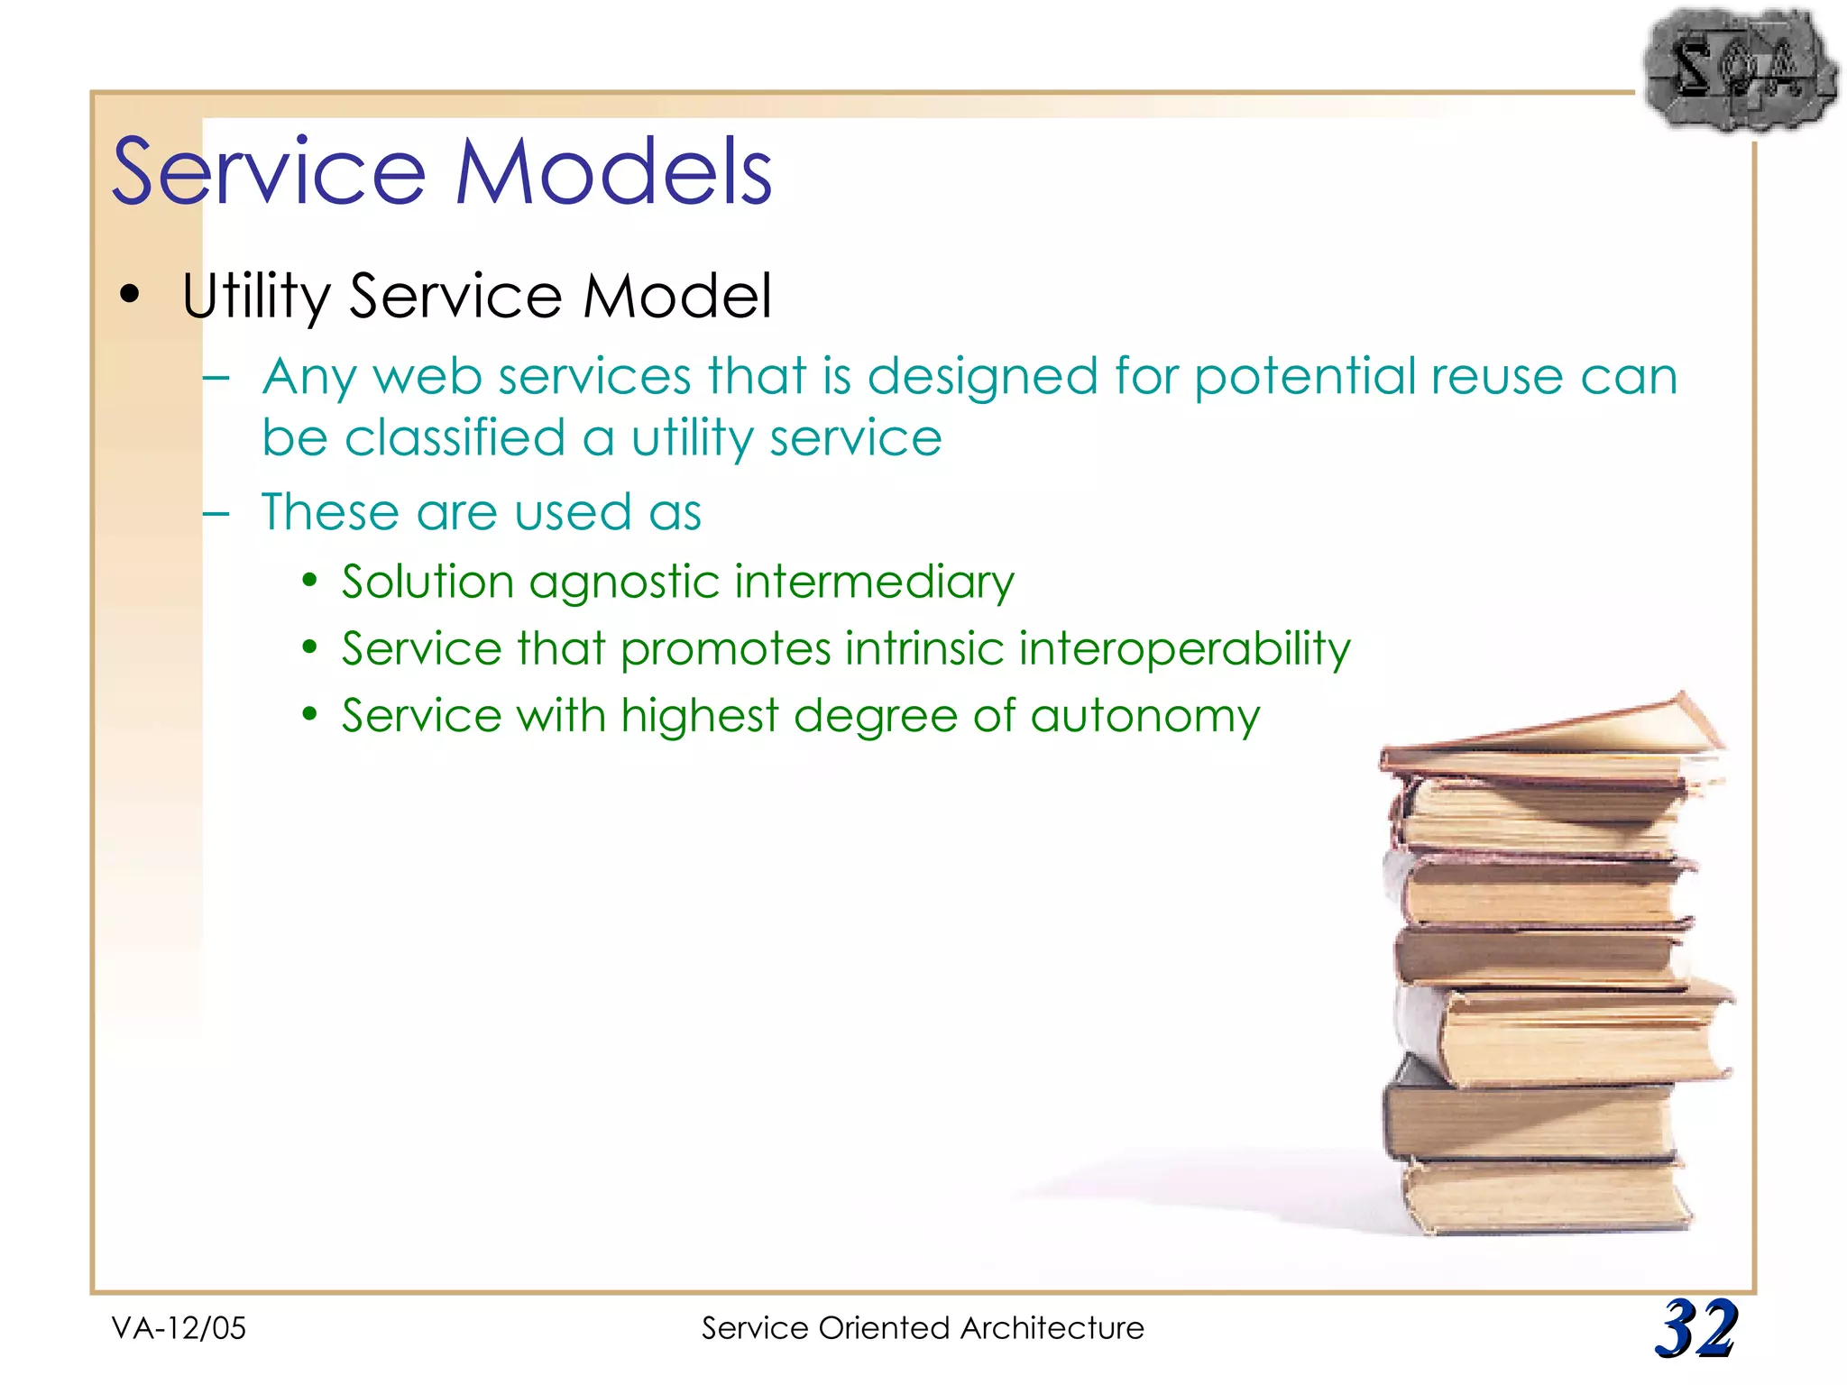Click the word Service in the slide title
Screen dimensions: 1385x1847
click(268, 171)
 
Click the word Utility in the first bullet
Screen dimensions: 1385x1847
click(256, 296)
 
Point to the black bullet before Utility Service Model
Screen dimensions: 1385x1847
click(131, 295)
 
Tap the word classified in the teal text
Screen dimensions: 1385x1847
click(455, 439)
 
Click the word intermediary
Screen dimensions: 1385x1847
click(874, 582)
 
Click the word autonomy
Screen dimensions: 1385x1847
click(1144, 716)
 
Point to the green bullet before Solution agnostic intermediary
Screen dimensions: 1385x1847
click(310, 580)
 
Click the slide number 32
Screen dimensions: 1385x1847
click(1695, 1327)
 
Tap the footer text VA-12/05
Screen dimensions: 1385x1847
click(179, 1328)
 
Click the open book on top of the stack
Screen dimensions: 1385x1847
click(1551, 735)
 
